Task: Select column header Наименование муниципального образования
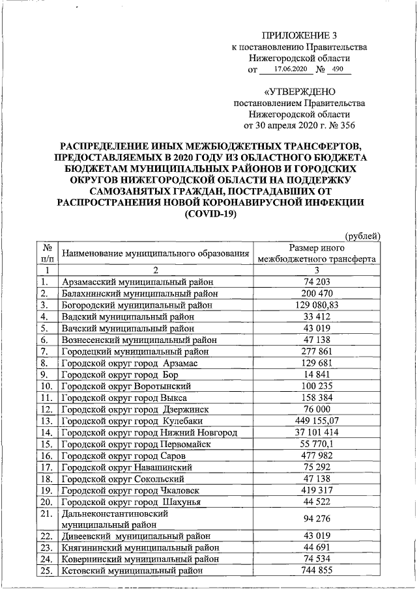pyautogui.click(x=155, y=253)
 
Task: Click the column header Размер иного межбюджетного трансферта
pyautogui.click(x=317, y=253)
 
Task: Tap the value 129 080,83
pyautogui.click(x=317, y=303)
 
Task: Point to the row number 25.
pyautogui.click(x=46, y=569)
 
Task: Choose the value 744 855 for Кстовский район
pyautogui.click(x=317, y=569)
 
